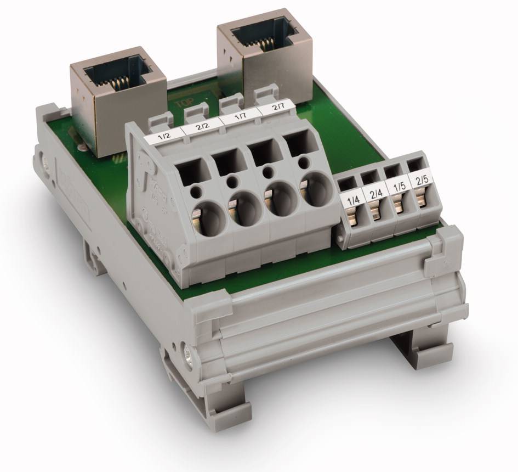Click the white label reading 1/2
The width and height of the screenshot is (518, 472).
coord(163,139)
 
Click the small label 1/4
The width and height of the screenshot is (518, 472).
coord(349,198)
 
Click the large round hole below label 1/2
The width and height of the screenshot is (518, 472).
coord(203,216)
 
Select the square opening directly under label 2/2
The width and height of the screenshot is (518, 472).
coord(224,160)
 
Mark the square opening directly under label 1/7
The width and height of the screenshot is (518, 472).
coord(262,151)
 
